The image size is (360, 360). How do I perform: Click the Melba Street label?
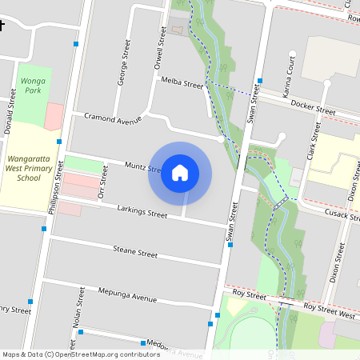coord(182,83)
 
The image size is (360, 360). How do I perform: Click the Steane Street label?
coord(135,252)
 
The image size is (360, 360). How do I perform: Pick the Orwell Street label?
coord(162,47)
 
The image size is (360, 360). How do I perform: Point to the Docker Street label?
coord(313,108)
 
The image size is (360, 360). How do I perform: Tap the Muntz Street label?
coord(143,167)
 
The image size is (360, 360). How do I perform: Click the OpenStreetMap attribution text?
coord(80,354)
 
